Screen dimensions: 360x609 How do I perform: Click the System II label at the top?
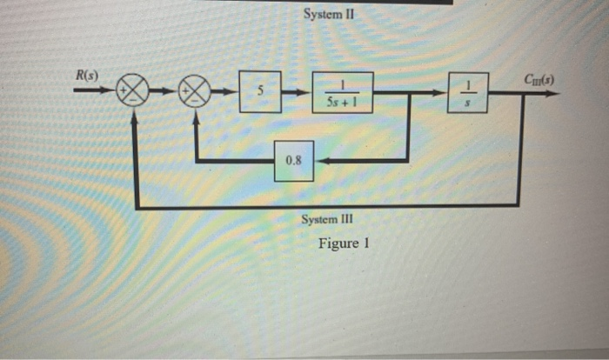(330, 15)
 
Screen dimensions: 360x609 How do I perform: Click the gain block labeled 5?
(260, 92)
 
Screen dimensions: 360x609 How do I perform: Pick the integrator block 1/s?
(469, 92)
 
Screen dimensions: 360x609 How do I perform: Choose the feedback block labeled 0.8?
(293, 161)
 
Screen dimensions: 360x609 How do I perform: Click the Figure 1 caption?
(344, 243)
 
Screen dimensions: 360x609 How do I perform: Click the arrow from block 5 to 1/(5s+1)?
(297, 92)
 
